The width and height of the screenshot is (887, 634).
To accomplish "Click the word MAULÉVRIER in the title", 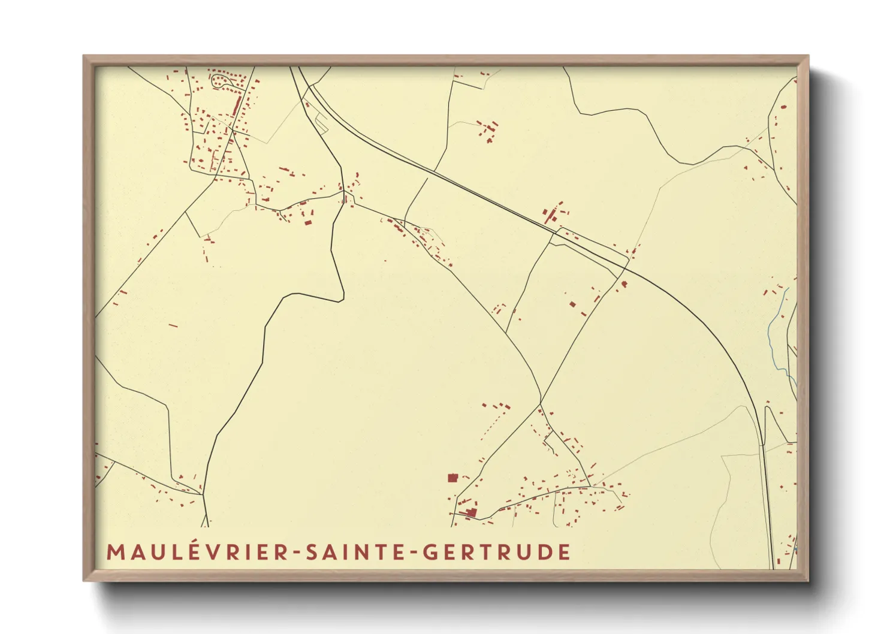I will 198,552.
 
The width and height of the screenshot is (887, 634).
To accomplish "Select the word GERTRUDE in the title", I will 497,552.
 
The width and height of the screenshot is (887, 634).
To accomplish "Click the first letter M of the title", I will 114,552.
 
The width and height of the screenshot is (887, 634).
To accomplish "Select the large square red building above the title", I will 452,478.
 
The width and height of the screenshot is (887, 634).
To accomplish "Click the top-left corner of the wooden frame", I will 85,58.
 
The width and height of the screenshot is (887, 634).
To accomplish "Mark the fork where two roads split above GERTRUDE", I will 541,402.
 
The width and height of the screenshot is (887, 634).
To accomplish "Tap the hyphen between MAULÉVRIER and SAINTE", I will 298,553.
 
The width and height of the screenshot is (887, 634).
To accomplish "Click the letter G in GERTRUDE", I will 430,552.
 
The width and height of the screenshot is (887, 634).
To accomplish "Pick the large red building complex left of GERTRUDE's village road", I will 470,512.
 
